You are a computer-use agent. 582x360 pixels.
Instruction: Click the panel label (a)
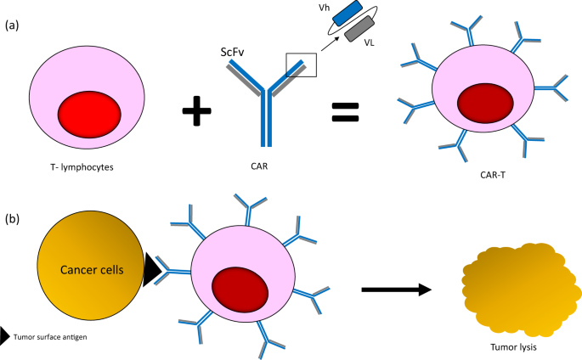coord(12,25)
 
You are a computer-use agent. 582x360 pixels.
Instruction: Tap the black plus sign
coord(198,111)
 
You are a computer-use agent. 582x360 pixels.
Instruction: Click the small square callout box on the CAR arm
coord(301,64)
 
